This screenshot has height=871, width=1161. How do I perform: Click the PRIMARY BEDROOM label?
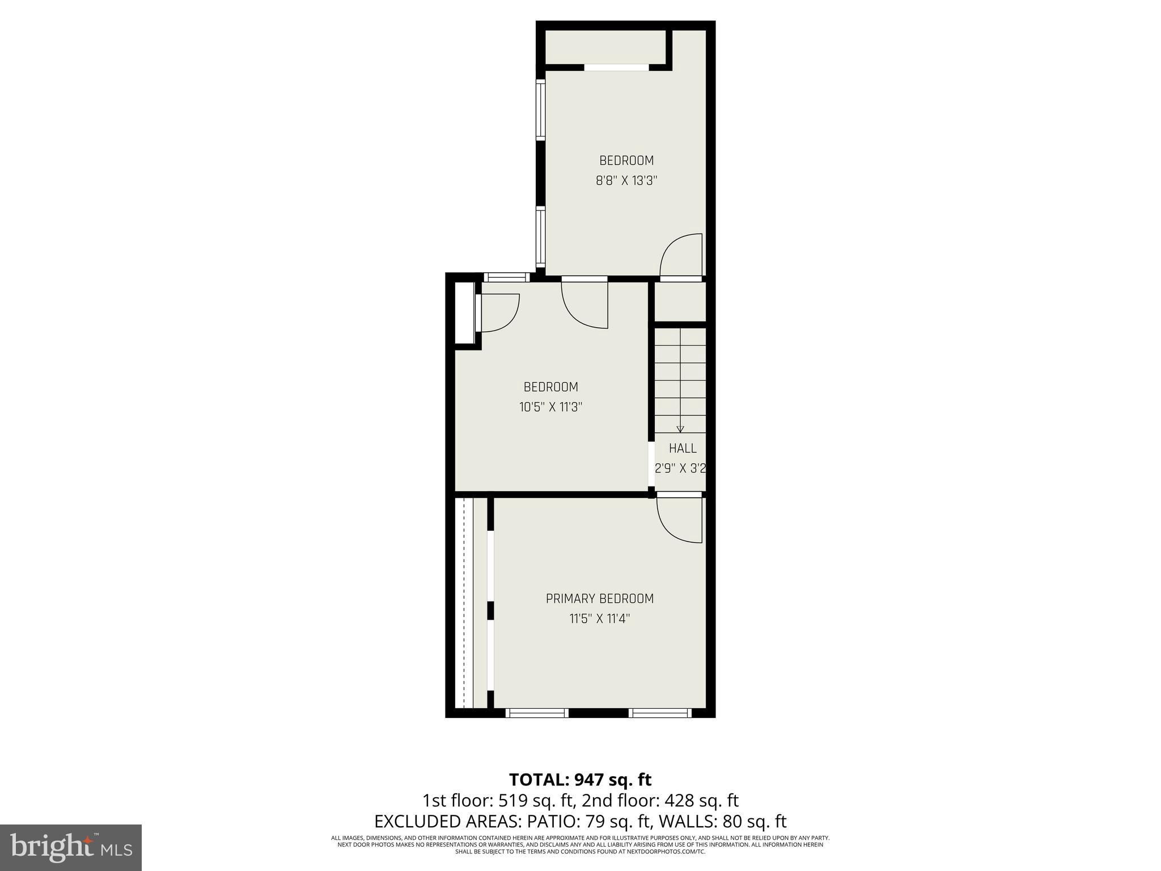[599, 599]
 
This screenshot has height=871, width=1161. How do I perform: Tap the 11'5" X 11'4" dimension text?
[600, 619]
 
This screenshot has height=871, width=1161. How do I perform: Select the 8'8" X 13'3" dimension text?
[626, 181]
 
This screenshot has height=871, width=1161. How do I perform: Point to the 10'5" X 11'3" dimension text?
[550, 407]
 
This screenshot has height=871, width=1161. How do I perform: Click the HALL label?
[683, 449]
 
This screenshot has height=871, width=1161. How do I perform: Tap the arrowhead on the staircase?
[680, 429]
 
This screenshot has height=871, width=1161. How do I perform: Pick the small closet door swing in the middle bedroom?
[499, 312]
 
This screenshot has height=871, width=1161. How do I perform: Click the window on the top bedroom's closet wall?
[616, 67]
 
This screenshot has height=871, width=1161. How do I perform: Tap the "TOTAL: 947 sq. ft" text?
[580, 780]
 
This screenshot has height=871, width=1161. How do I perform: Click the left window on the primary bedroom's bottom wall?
[536, 713]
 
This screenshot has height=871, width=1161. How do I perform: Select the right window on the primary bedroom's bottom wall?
[659, 713]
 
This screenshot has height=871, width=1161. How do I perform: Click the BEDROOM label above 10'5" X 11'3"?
[550, 387]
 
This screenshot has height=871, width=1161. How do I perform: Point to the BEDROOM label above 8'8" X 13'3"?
[626, 161]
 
